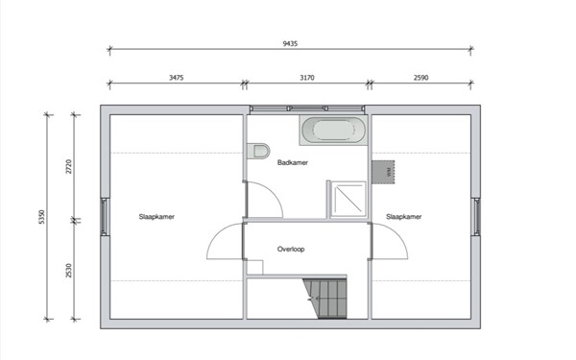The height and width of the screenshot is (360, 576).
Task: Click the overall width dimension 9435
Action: (x=289, y=42)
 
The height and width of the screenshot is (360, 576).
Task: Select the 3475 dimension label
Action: (x=175, y=77)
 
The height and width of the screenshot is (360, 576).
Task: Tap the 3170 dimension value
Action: (x=305, y=77)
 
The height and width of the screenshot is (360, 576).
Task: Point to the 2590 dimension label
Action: (x=421, y=77)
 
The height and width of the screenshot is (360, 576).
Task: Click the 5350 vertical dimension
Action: (x=42, y=217)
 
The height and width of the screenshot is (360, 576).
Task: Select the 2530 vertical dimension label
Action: (x=69, y=269)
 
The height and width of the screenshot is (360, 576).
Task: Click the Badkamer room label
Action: (x=292, y=163)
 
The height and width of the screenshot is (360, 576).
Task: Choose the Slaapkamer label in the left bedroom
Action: (x=156, y=217)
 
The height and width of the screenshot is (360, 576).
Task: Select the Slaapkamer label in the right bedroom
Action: (x=404, y=217)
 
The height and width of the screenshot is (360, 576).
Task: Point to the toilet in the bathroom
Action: (x=257, y=152)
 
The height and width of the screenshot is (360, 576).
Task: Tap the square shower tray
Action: (x=347, y=199)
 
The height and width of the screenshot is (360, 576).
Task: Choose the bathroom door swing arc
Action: (x=265, y=199)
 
